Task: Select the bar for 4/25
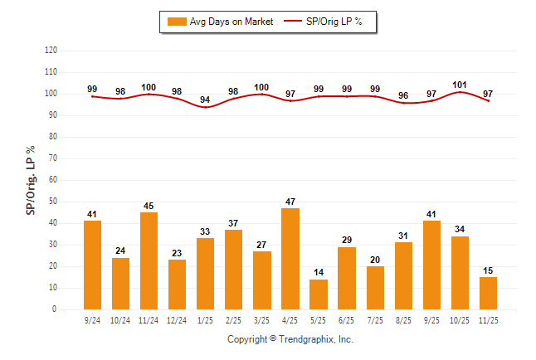pyautogui.click(x=290, y=259)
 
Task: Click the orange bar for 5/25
pyautogui.click(x=319, y=294)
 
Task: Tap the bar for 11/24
pyautogui.click(x=149, y=260)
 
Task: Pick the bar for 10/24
pyautogui.click(x=121, y=284)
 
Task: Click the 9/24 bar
pyautogui.click(x=93, y=265)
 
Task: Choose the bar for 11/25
pyautogui.click(x=488, y=293)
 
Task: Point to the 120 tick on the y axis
pyautogui.click(x=51, y=51)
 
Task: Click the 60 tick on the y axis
pyautogui.click(x=53, y=180)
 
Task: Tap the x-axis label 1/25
pyautogui.click(x=206, y=319)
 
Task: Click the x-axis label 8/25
pyautogui.click(x=403, y=319)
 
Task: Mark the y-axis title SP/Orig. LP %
pyautogui.click(x=31, y=179)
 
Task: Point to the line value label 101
pyautogui.click(x=460, y=84)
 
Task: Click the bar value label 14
pyautogui.click(x=319, y=272)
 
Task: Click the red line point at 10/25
pyautogui.click(x=460, y=92)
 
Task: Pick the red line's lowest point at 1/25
pyautogui.click(x=206, y=107)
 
